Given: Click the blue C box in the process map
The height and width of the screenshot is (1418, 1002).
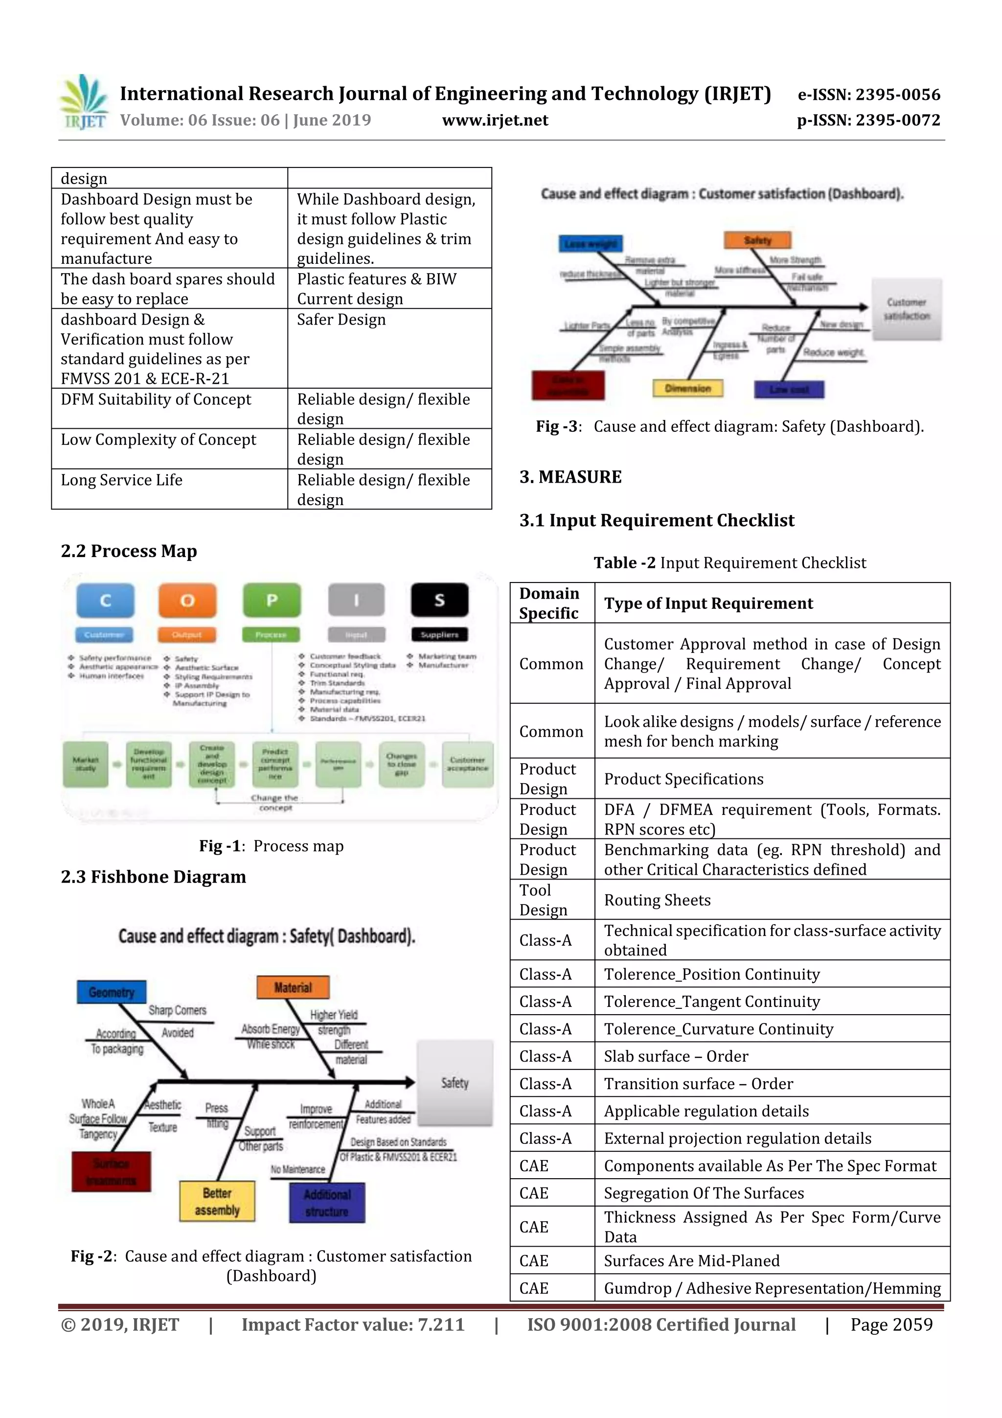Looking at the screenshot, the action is tap(105, 600).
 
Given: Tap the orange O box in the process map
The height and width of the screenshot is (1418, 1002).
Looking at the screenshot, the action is tap(187, 600).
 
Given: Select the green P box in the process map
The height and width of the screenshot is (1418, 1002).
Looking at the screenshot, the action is tap(272, 600).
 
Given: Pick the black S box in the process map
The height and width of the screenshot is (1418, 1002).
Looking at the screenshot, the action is tap(439, 600).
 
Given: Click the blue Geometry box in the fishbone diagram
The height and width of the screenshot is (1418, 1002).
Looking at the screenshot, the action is tap(111, 992).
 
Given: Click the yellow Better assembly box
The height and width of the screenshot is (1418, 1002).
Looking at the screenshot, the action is tap(217, 1201).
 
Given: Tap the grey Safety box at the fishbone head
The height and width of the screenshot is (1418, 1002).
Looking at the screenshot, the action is tap(455, 1083).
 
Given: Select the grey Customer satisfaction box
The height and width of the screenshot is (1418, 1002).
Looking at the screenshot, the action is tap(906, 309).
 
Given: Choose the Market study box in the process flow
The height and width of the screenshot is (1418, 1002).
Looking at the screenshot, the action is tap(85, 764).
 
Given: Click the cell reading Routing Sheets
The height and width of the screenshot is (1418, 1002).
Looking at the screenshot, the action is tap(658, 900).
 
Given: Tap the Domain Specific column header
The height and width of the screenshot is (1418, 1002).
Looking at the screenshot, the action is tap(549, 603).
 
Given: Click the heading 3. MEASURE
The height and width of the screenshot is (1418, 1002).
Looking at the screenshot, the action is tap(570, 477).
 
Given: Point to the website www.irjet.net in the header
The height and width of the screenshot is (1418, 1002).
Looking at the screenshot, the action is tap(495, 120).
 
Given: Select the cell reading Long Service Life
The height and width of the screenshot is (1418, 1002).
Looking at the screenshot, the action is tap(122, 480).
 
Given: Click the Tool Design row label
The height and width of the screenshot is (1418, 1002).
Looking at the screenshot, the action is tap(543, 900).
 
